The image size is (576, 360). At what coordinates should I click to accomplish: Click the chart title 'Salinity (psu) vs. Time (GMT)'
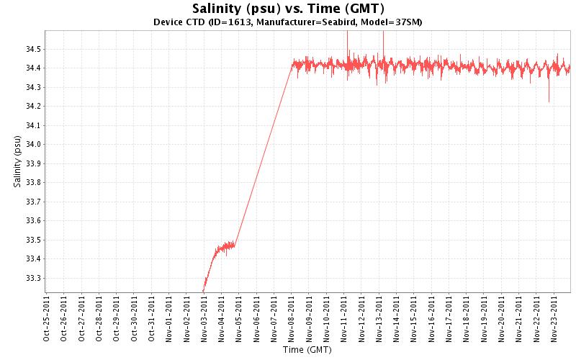288,9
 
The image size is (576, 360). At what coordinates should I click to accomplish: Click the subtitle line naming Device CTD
288,22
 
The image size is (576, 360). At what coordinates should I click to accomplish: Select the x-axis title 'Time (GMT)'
307,350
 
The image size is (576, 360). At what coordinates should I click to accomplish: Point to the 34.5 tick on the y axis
32,49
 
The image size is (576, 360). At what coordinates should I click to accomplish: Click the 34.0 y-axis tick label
32,144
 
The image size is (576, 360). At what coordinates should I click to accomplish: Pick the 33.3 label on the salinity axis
32,277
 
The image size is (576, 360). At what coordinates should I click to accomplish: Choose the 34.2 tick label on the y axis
32,106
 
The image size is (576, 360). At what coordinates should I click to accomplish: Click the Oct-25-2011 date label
47,318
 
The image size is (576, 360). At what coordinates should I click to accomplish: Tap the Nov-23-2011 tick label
554,318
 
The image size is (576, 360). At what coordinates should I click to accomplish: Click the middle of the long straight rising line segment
264,154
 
